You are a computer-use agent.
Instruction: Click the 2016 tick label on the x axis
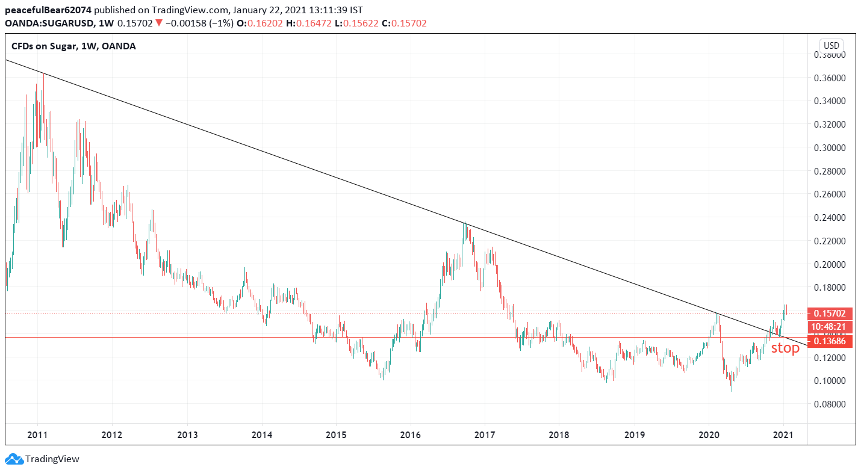tap(410, 434)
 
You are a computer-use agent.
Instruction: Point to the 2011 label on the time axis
tap(37, 434)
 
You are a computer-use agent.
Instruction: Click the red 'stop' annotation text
tap(785, 348)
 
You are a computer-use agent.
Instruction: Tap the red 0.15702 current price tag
tap(829, 314)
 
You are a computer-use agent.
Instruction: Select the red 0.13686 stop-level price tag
tap(829, 341)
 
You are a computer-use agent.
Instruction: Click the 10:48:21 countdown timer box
tap(829, 327)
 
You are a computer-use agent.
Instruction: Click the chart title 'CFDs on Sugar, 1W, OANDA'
tap(73, 46)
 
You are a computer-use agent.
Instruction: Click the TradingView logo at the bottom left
tap(42, 459)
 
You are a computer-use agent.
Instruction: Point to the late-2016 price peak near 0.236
tap(464, 223)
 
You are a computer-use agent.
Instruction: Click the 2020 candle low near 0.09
tap(732, 391)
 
